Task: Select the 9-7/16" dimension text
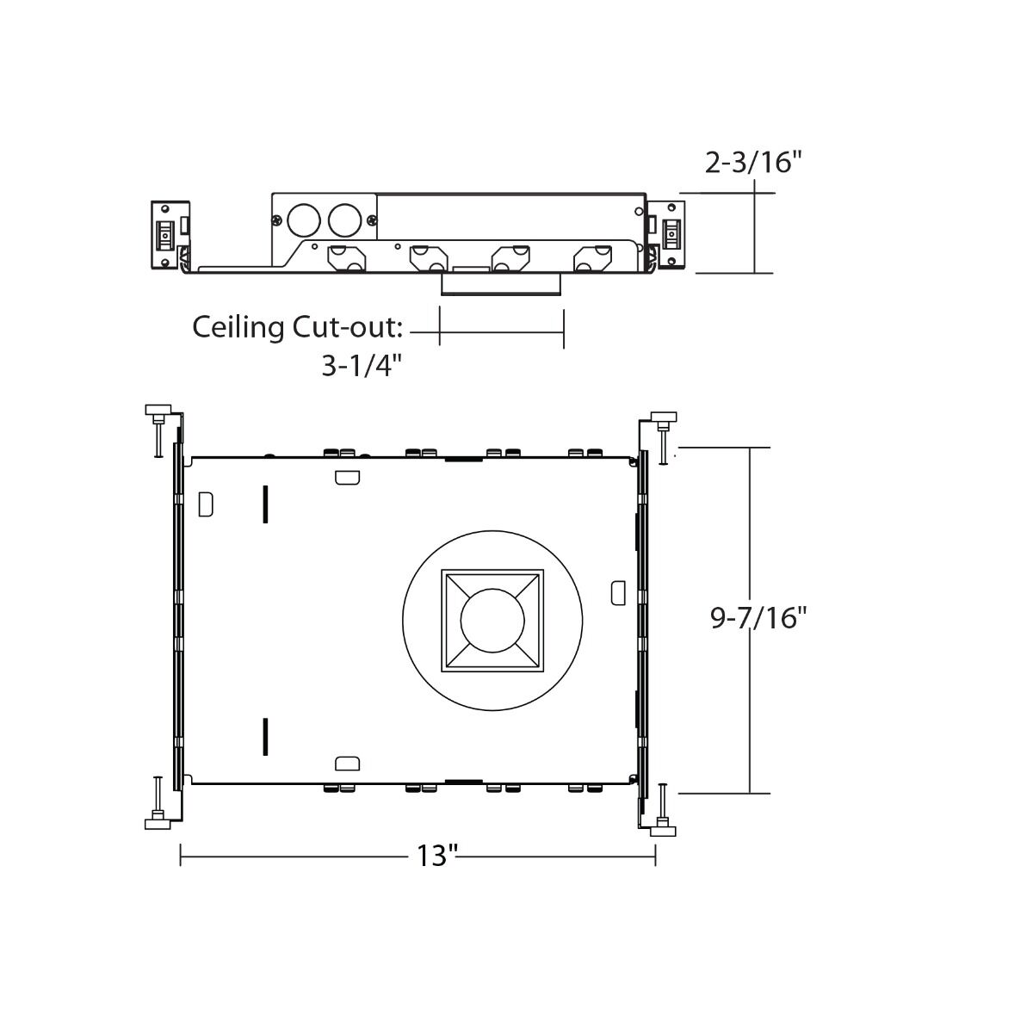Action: (758, 617)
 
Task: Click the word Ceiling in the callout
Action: (238, 327)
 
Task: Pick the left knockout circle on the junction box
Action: (303, 220)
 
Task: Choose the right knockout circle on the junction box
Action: (344, 220)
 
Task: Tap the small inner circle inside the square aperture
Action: (492, 620)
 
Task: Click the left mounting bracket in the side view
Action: (170, 234)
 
